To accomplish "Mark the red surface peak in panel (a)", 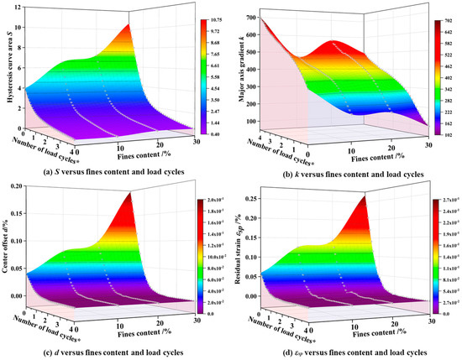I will [x=130, y=28].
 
